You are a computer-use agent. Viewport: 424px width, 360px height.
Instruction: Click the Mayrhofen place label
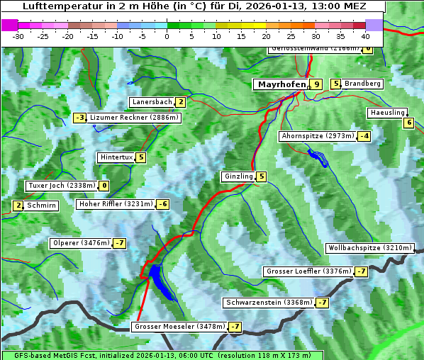(281, 84)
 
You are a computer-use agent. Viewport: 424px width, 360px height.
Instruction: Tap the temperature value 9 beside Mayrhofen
(316, 84)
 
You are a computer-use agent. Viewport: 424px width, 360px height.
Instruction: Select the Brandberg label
(362, 84)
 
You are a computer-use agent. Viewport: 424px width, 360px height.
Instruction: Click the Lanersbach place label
(152, 102)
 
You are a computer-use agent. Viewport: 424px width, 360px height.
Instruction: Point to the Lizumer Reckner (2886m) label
(128, 118)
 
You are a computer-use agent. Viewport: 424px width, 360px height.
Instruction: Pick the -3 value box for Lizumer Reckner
(80, 118)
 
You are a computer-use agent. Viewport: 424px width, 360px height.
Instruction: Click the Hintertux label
(116, 157)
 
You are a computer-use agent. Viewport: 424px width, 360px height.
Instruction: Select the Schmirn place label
(42, 206)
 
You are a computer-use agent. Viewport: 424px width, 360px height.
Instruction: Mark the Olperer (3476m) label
(81, 243)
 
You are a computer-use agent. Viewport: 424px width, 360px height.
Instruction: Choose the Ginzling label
(238, 176)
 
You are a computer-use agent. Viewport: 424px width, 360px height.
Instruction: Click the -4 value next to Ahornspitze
(364, 135)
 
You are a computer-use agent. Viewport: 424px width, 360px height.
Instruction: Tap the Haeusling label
(387, 113)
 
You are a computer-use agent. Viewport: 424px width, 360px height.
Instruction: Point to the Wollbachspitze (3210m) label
(369, 248)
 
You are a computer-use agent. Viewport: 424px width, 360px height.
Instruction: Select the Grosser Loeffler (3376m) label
(308, 271)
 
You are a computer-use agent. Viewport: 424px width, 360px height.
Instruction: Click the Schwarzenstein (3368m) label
(269, 303)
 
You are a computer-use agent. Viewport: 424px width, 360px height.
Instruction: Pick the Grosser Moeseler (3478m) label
(179, 327)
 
